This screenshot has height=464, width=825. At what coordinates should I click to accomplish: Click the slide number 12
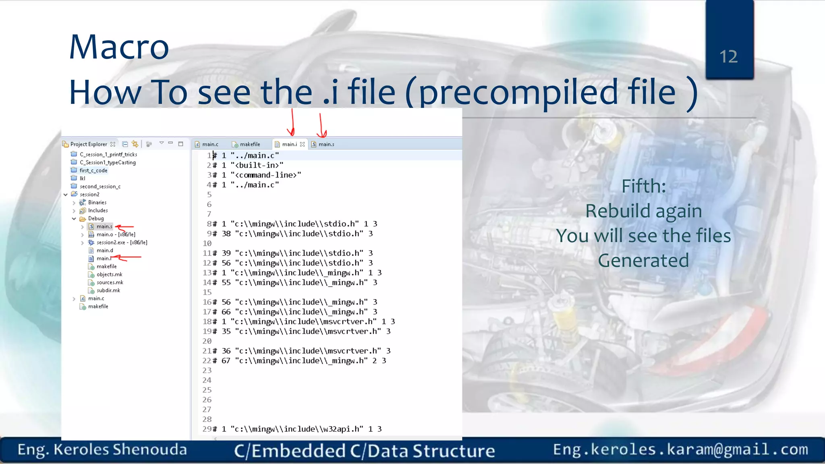[x=728, y=57]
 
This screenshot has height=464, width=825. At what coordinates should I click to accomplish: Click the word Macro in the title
[x=119, y=47]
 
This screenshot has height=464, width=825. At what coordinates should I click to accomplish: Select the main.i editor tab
[x=289, y=144]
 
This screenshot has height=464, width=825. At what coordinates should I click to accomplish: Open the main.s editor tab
[x=326, y=144]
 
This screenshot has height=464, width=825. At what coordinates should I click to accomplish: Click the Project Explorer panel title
[x=89, y=144]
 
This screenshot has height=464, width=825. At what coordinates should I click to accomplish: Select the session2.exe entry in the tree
[x=111, y=242]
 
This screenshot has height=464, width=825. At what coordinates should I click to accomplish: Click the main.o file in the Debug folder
[x=105, y=234]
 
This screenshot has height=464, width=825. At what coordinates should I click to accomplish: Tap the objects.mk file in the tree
[x=109, y=274]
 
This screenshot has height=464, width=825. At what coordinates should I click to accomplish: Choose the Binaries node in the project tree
[x=97, y=203]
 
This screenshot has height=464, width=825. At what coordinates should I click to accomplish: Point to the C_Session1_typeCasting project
[x=108, y=162]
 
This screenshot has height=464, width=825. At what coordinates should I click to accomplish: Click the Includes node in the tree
[x=98, y=210]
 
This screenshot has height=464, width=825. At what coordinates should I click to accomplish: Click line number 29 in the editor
[x=207, y=429]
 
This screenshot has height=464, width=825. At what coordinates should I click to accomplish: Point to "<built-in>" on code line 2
[x=257, y=165]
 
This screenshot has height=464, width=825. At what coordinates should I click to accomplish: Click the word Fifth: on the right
[x=643, y=186]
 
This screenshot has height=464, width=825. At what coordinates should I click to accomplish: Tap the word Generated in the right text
[x=643, y=261]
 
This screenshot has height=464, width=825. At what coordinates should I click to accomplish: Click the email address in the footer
[x=680, y=449]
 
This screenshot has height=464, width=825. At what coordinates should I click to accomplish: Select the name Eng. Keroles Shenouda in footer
[x=102, y=449]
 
